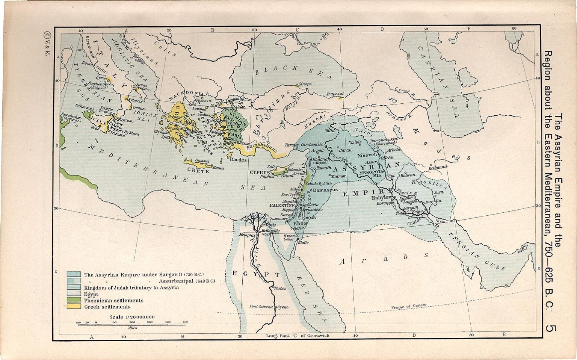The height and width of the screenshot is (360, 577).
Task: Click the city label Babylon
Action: tap(381, 198)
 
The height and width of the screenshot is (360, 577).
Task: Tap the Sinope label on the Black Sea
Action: tap(305, 84)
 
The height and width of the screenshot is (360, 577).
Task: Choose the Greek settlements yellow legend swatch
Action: tap(74, 307)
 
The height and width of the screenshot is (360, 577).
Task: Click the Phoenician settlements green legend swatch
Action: tap(74, 300)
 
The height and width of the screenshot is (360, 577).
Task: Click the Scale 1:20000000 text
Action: tap(131, 317)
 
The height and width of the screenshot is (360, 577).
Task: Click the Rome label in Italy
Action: tap(87, 64)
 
